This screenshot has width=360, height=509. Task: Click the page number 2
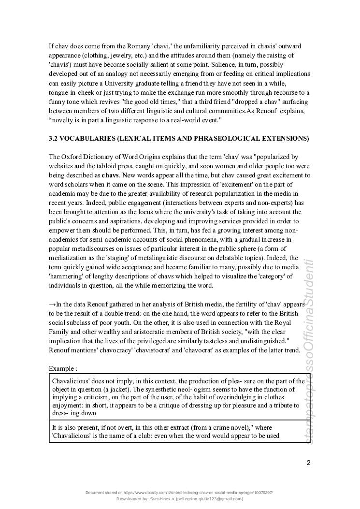[308, 463]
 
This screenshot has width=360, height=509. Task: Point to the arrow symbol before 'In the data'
[52, 305]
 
